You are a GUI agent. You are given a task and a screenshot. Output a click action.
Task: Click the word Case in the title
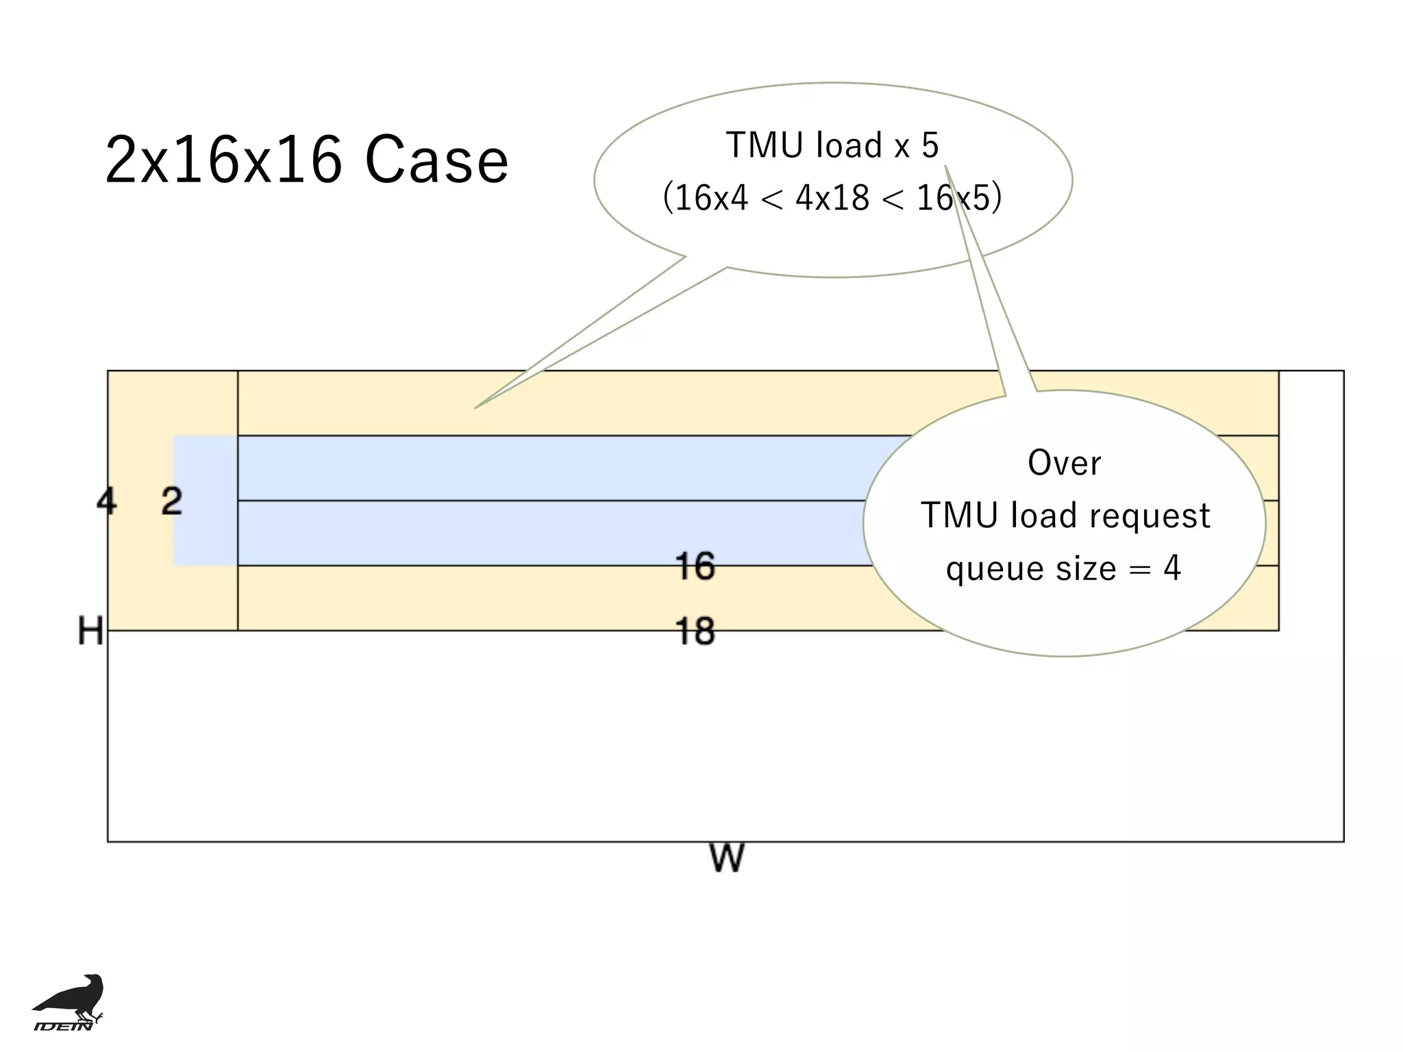tap(436, 160)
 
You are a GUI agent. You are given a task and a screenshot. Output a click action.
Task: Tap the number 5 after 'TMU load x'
tap(930, 146)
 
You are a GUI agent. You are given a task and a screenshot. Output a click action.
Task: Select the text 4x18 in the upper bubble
tap(832, 199)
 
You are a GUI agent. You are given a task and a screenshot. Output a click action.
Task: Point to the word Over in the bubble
tap(1064, 463)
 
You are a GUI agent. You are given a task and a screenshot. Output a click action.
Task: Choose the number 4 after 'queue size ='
tap(1172, 568)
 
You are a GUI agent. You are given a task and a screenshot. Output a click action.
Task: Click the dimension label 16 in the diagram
tap(695, 566)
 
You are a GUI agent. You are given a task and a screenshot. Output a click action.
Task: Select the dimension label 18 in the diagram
tap(695, 631)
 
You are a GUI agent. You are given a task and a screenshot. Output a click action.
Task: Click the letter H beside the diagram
tap(90, 631)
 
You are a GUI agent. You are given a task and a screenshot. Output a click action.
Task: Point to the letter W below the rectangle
tap(726, 858)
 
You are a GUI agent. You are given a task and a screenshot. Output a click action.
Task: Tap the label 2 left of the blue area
tap(172, 501)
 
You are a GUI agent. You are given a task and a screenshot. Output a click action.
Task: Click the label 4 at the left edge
tap(106, 501)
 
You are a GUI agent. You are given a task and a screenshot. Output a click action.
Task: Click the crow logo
tap(71, 997)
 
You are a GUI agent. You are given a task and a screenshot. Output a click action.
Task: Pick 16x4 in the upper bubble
tap(711, 199)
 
